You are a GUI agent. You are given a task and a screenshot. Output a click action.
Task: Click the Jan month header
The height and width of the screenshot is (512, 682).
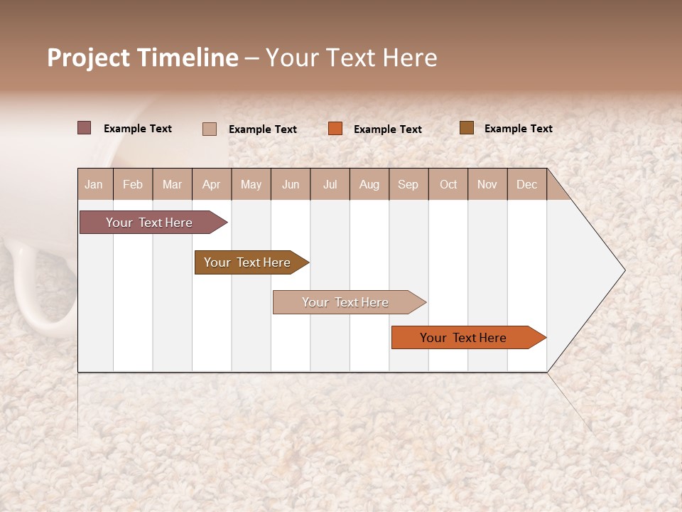[94, 184]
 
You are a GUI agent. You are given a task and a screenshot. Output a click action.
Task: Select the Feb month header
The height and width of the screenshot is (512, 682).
[133, 184]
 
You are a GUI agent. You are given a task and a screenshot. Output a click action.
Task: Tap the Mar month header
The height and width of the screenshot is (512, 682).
[172, 184]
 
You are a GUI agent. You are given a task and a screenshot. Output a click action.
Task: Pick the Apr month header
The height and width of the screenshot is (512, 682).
[211, 184]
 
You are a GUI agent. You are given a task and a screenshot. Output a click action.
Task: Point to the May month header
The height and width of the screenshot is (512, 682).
[251, 184]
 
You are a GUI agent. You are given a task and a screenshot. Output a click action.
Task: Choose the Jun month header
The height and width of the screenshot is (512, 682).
[291, 184]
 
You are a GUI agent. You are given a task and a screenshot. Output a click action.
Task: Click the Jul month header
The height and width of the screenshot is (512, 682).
[330, 184]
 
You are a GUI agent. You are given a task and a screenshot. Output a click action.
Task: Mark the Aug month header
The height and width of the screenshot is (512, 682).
[369, 184]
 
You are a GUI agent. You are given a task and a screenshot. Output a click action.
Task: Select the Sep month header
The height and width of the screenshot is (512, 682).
[408, 184]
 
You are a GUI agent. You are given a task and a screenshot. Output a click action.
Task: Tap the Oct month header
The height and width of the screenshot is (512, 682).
[448, 184]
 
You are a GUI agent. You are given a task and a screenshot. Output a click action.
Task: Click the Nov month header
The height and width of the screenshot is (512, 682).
[487, 184]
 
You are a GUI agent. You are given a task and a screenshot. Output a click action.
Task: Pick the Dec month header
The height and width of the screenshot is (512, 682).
[526, 184]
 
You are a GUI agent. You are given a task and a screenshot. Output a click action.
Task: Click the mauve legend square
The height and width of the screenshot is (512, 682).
[85, 128]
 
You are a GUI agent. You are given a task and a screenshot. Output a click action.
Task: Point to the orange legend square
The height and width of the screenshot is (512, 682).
[335, 129]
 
